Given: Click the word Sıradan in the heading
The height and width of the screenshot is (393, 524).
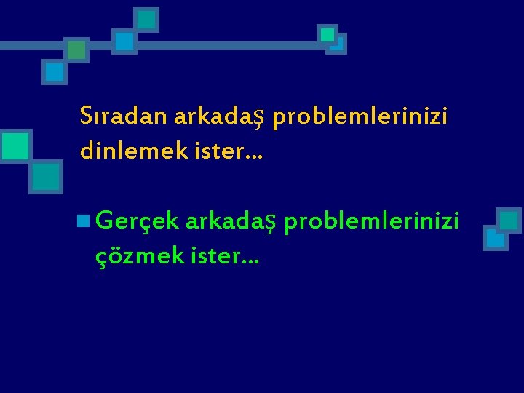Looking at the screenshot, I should tap(123, 116).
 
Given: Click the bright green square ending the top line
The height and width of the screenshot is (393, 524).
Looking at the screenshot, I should tap(327, 34).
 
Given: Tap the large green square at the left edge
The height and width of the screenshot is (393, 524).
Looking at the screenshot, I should tap(15, 146).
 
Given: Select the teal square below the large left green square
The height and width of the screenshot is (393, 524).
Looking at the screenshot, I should tap(46, 176).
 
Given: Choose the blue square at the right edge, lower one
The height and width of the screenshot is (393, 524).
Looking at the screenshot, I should tap(496, 238).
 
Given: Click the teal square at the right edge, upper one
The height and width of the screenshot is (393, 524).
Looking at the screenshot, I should tap(509, 220).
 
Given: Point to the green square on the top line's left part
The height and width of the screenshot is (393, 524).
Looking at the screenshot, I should tap(76, 49).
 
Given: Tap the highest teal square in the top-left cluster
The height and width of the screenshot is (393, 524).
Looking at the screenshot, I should tap(147, 19).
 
